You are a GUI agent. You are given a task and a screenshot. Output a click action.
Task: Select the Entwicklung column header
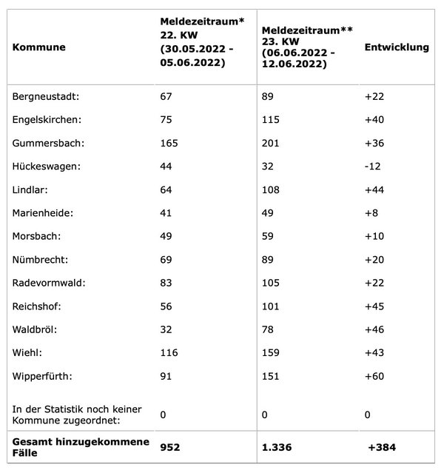coord(397,47)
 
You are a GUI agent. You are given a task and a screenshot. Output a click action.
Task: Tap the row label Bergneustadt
coord(47,96)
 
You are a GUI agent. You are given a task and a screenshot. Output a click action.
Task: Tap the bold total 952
coord(172,447)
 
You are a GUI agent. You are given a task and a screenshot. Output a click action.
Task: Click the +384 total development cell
coord(383,447)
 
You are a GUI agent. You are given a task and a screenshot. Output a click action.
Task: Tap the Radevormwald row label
coord(47,283)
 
